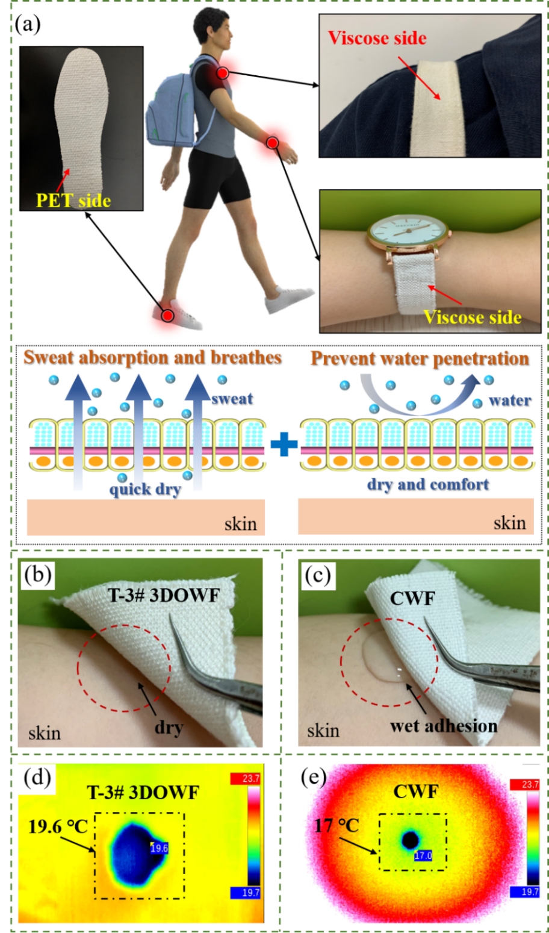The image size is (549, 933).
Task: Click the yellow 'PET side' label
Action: coord(73,201)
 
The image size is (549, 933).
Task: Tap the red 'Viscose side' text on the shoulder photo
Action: coord(377,38)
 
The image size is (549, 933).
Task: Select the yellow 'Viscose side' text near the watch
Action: coord(473,317)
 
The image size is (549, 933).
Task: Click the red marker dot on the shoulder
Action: coord(223,73)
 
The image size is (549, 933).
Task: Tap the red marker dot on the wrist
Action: coord(272,143)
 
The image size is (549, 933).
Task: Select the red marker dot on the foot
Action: coord(167,315)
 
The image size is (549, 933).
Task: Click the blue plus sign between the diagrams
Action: coord(284,444)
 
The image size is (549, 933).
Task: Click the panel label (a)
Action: coord(28,24)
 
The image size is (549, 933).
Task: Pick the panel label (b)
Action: coord(38,575)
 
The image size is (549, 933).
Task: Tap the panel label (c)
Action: coord(318,576)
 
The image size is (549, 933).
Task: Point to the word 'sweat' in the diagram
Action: coord(232,399)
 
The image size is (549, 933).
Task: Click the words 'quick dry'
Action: coord(145,489)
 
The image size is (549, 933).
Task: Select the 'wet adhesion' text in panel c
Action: coord(444,726)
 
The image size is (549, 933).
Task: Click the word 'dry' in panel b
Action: coord(169,728)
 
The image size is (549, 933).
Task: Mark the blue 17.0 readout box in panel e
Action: coord(423,855)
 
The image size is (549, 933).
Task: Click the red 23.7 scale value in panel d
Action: coord(245,779)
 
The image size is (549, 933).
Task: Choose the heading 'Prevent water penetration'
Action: coord(420,358)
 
